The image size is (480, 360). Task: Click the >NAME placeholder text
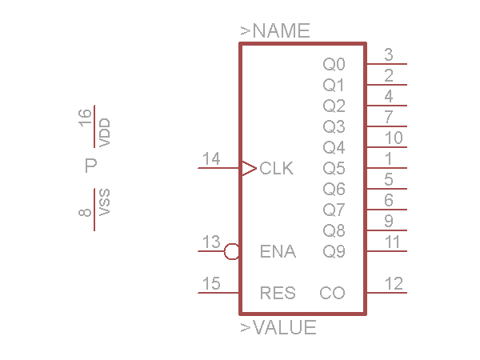pyautogui.click(x=275, y=32)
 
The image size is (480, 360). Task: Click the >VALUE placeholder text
pyautogui.click(x=278, y=327)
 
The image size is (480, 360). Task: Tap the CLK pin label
pyautogui.click(x=277, y=169)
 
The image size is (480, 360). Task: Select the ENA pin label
pyautogui.click(x=278, y=252)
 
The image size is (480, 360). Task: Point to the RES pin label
pyautogui.click(x=278, y=293)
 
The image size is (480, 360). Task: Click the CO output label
pyautogui.click(x=332, y=293)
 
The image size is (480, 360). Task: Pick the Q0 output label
pyautogui.click(x=334, y=64)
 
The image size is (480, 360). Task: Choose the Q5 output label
pyautogui.click(x=334, y=169)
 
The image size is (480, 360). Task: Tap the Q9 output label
pyautogui.click(x=334, y=252)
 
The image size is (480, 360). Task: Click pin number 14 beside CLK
pyautogui.click(x=211, y=158)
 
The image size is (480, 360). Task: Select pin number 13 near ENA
pyautogui.click(x=211, y=242)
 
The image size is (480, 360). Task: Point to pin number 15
pyautogui.click(x=211, y=283)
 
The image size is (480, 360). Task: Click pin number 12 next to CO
pyautogui.click(x=394, y=283)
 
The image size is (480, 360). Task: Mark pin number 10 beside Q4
pyautogui.click(x=394, y=138)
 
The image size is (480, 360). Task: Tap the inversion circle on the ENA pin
pyautogui.click(x=232, y=252)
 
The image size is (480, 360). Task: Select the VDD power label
pyautogui.click(x=104, y=132)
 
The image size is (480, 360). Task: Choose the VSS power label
pyautogui.click(x=104, y=203)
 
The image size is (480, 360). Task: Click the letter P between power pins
pyautogui.click(x=91, y=166)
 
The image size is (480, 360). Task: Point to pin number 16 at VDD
pyautogui.click(x=86, y=118)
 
